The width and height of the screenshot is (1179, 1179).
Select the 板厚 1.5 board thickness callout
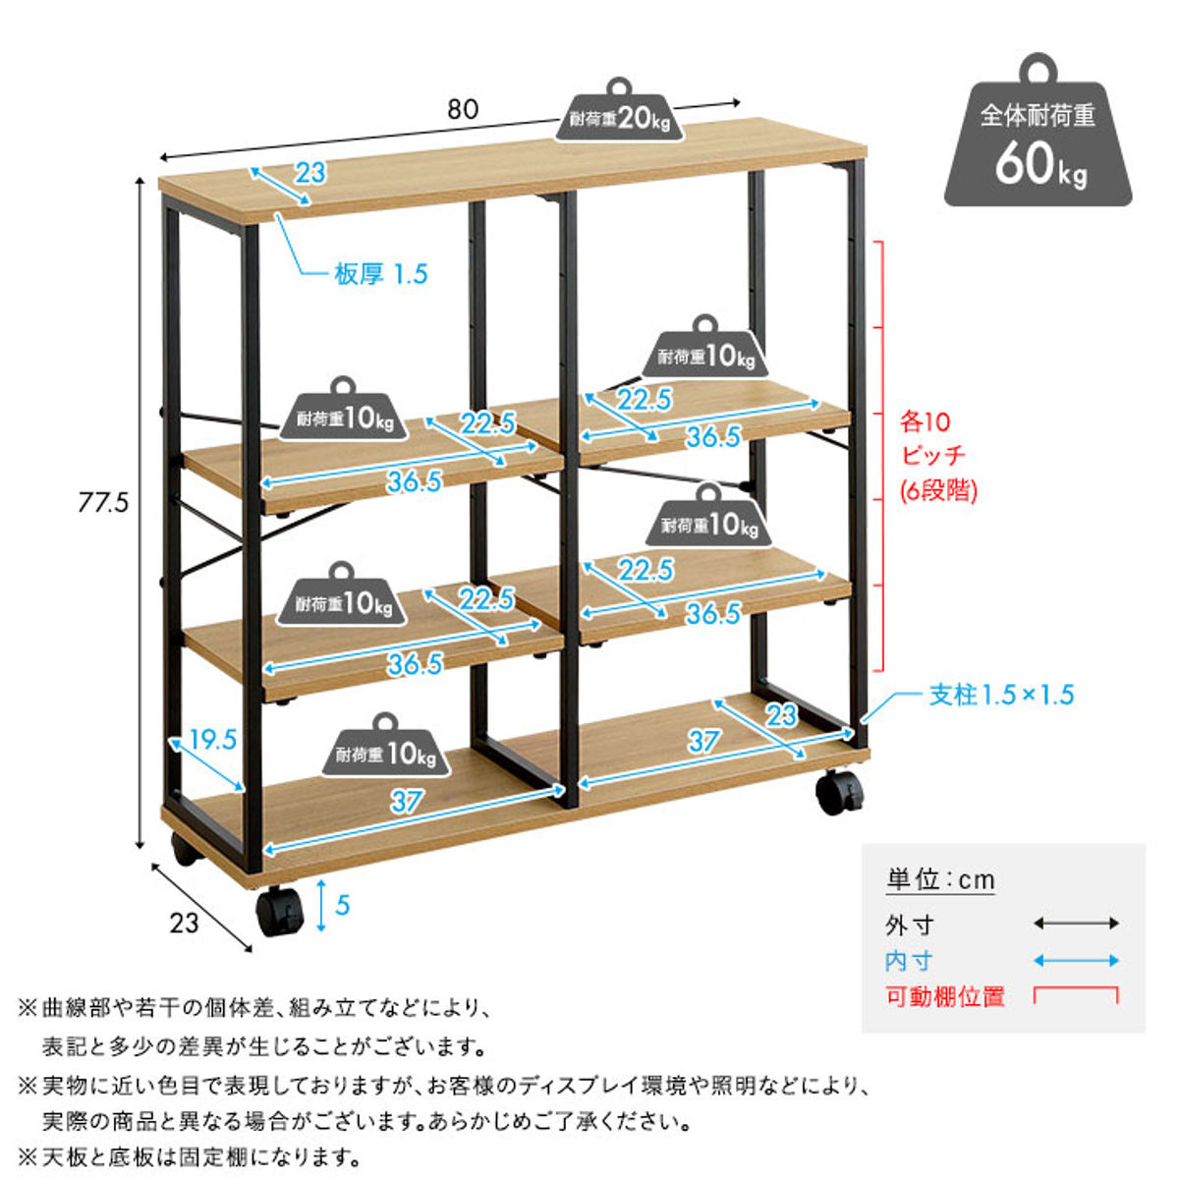click(381, 274)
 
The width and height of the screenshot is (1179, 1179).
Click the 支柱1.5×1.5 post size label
click(1001, 695)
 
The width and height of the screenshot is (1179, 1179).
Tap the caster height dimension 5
click(342, 904)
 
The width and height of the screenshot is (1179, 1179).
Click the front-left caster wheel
click(280, 913)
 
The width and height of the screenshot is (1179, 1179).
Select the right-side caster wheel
click(839, 791)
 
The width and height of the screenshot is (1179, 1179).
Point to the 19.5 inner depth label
click(212, 739)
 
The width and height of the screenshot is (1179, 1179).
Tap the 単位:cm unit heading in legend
click(940, 879)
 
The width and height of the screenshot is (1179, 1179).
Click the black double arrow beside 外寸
click(1076, 924)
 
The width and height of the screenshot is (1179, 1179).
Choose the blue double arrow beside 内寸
click(1076, 961)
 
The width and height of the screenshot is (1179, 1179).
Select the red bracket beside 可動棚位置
click(1076, 995)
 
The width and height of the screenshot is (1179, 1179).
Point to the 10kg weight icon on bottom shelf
click(386, 749)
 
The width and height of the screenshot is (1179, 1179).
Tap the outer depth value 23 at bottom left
click(184, 923)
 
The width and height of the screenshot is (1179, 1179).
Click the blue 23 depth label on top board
click(309, 173)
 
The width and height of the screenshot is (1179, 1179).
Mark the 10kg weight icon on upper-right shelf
click(705, 352)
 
